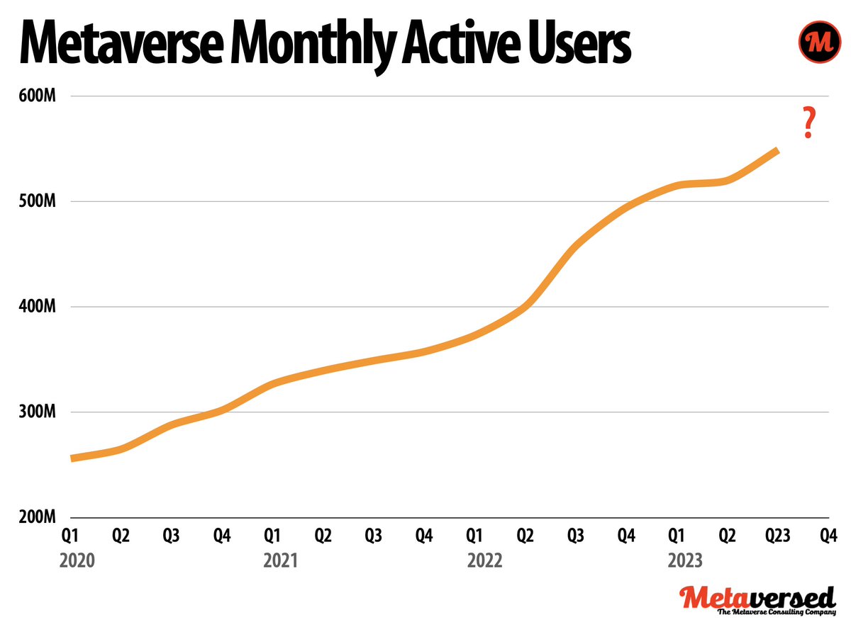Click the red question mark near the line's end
pyautogui.click(x=807, y=122)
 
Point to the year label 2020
pyautogui.click(x=77, y=561)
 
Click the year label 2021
pyautogui.click(x=280, y=561)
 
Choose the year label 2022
pyautogui.click(x=484, y=561)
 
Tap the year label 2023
pyautogui.click(x=686, y=561)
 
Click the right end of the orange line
pyautogui.click(x=777, y=151)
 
